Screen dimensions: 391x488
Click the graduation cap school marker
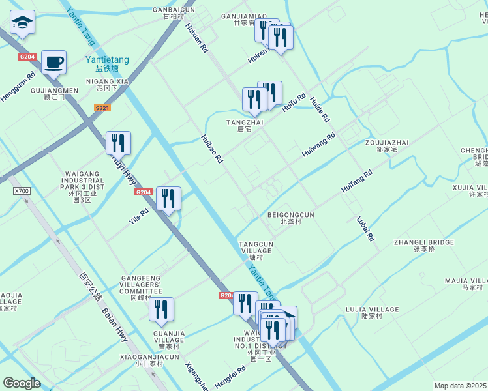click(x=23, y=23)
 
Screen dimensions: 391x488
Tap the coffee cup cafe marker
click(x=53, y=63)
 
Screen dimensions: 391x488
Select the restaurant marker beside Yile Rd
click(x=169, y=199)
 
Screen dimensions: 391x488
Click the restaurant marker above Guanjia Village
click(x=161, y=310)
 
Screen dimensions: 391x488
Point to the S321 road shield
click(x=102, y=108)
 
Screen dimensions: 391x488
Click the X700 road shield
click(x=22, y=191)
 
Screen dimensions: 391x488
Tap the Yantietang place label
click(x=107, y=60)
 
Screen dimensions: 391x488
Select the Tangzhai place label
click(x=245, y=122)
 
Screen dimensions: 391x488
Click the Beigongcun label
click(x=291, y=214)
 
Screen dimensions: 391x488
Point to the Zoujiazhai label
click(x=392, y=143)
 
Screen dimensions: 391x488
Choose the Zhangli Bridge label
click(x=423, y=242)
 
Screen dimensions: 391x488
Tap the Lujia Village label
click(x=380, y=310)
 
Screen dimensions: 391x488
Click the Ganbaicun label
click(x=174, y=10)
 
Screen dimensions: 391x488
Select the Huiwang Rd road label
click(x=318, y=145)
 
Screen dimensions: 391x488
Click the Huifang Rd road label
click(x=356, y=182)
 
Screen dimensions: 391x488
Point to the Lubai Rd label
click(x=366, y=229)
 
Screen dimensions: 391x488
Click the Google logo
click(x=22, y=383)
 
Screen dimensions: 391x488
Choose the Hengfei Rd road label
click(x=230, y=377)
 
